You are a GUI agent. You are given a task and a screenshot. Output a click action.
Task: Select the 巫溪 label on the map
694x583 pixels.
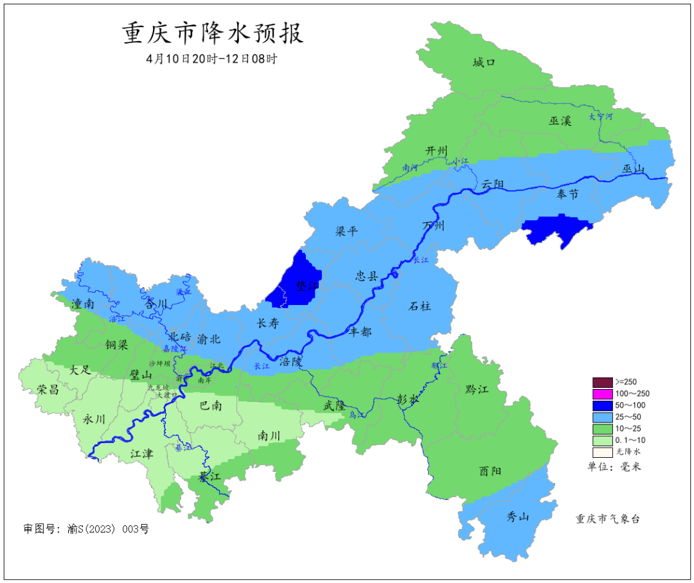560,121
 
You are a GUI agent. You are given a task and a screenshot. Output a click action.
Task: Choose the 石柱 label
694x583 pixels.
420,306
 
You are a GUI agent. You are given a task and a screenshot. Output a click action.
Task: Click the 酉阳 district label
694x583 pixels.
490,471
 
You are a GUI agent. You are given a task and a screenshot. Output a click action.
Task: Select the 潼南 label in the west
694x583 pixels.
84,303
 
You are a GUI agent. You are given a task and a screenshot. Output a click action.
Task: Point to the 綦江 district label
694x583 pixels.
209,477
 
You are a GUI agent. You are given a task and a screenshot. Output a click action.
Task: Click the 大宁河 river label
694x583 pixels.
601,117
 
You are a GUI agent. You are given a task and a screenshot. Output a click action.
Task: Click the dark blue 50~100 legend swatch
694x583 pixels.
602,405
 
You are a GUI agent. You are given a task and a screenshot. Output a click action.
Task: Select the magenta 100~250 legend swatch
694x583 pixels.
602,394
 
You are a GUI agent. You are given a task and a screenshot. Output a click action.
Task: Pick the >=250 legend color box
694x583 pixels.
602,382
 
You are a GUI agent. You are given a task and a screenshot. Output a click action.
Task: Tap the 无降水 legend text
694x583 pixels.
628,451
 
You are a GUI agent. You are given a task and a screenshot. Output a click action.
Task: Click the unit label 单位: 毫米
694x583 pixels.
614,467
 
